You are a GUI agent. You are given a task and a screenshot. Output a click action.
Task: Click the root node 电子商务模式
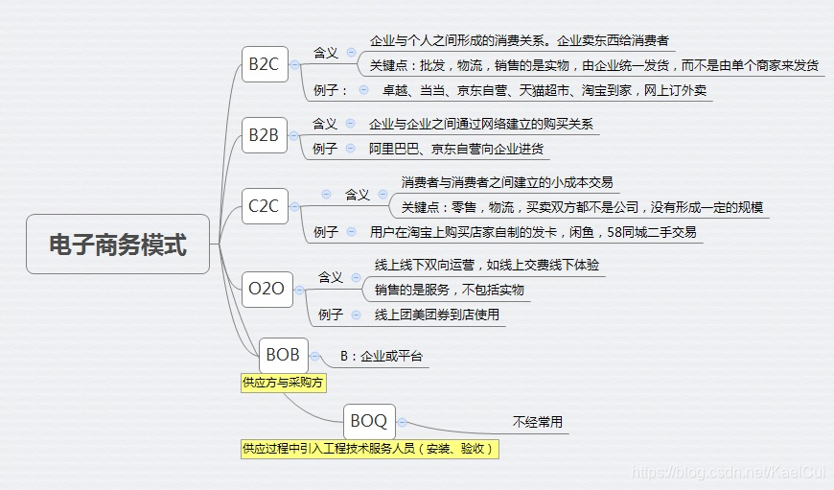118,245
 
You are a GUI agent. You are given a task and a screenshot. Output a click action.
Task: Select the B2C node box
265,64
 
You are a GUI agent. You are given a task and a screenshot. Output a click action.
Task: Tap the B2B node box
264,136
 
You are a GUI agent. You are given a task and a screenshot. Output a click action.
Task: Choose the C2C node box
265,205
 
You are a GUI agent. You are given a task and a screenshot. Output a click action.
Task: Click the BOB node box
283,355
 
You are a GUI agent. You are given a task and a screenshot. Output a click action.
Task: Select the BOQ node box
369,420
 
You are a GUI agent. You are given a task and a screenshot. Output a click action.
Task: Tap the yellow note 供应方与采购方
284,383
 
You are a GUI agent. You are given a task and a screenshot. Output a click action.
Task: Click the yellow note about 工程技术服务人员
369,449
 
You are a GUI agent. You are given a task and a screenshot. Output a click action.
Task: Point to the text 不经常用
538,422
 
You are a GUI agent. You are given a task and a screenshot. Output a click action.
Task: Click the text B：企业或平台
382,357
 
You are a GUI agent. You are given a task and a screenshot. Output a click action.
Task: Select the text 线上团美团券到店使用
436,315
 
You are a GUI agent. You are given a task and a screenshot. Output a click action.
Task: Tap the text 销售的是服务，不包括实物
449,290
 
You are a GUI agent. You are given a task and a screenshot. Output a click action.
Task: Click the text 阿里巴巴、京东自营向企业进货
456,150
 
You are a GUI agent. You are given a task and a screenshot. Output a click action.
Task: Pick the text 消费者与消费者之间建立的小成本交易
507,182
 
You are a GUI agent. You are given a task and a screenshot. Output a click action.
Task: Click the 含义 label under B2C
326,53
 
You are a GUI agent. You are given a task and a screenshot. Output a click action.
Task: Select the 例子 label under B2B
325,150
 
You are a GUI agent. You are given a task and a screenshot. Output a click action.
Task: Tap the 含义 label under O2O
330,277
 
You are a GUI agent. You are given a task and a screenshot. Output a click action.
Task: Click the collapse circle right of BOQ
402,421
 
